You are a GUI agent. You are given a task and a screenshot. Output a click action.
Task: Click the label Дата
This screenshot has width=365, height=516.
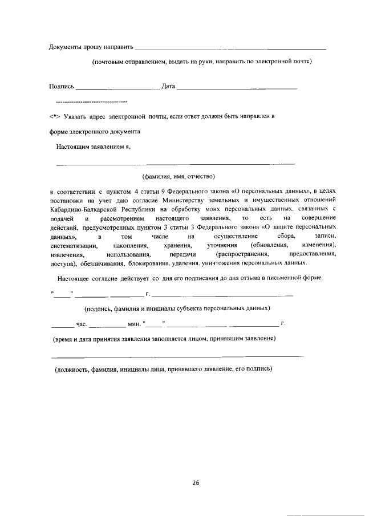click(x=168, y=86)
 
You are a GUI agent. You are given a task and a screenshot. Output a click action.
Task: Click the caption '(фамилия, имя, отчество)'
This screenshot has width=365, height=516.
click(x=178, y=176)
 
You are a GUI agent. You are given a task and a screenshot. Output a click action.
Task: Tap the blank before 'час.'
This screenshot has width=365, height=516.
click(x=62, y=326)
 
